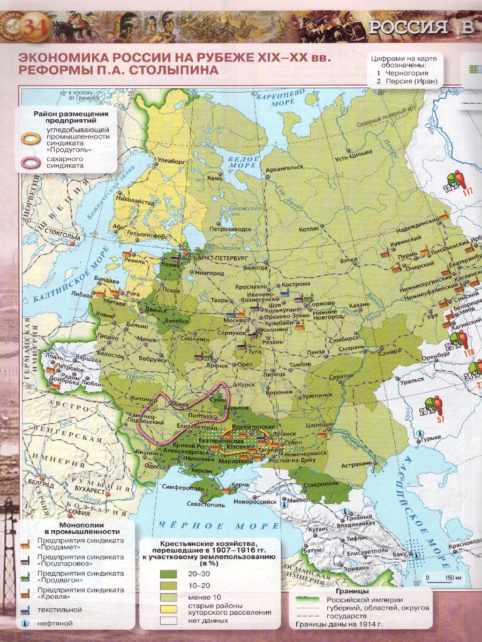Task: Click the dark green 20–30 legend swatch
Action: [168, 573]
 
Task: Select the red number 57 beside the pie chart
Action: [441, 419]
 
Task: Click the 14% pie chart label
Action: [450, 188]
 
